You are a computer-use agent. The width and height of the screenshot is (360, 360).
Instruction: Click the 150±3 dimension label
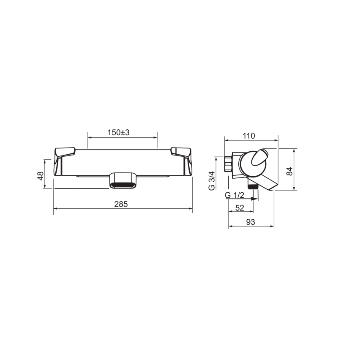[x=118, y=133]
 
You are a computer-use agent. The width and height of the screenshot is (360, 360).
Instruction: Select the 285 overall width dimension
[x=121, y=204]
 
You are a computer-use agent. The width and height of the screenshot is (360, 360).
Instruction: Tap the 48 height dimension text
[x=41, y=176]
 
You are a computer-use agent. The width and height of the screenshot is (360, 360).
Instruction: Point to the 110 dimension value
[x=249, y=136]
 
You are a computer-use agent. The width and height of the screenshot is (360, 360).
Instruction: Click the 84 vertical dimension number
[x=290, y=172]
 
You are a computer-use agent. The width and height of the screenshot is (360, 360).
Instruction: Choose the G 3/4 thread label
[x=211, y=181]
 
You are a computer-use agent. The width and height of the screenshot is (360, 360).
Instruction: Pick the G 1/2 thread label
[x=235, y=195]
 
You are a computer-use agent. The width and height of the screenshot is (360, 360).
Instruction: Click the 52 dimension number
[x=240, y=208]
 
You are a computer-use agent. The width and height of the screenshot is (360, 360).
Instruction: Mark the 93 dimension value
[x=251, y=222]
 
